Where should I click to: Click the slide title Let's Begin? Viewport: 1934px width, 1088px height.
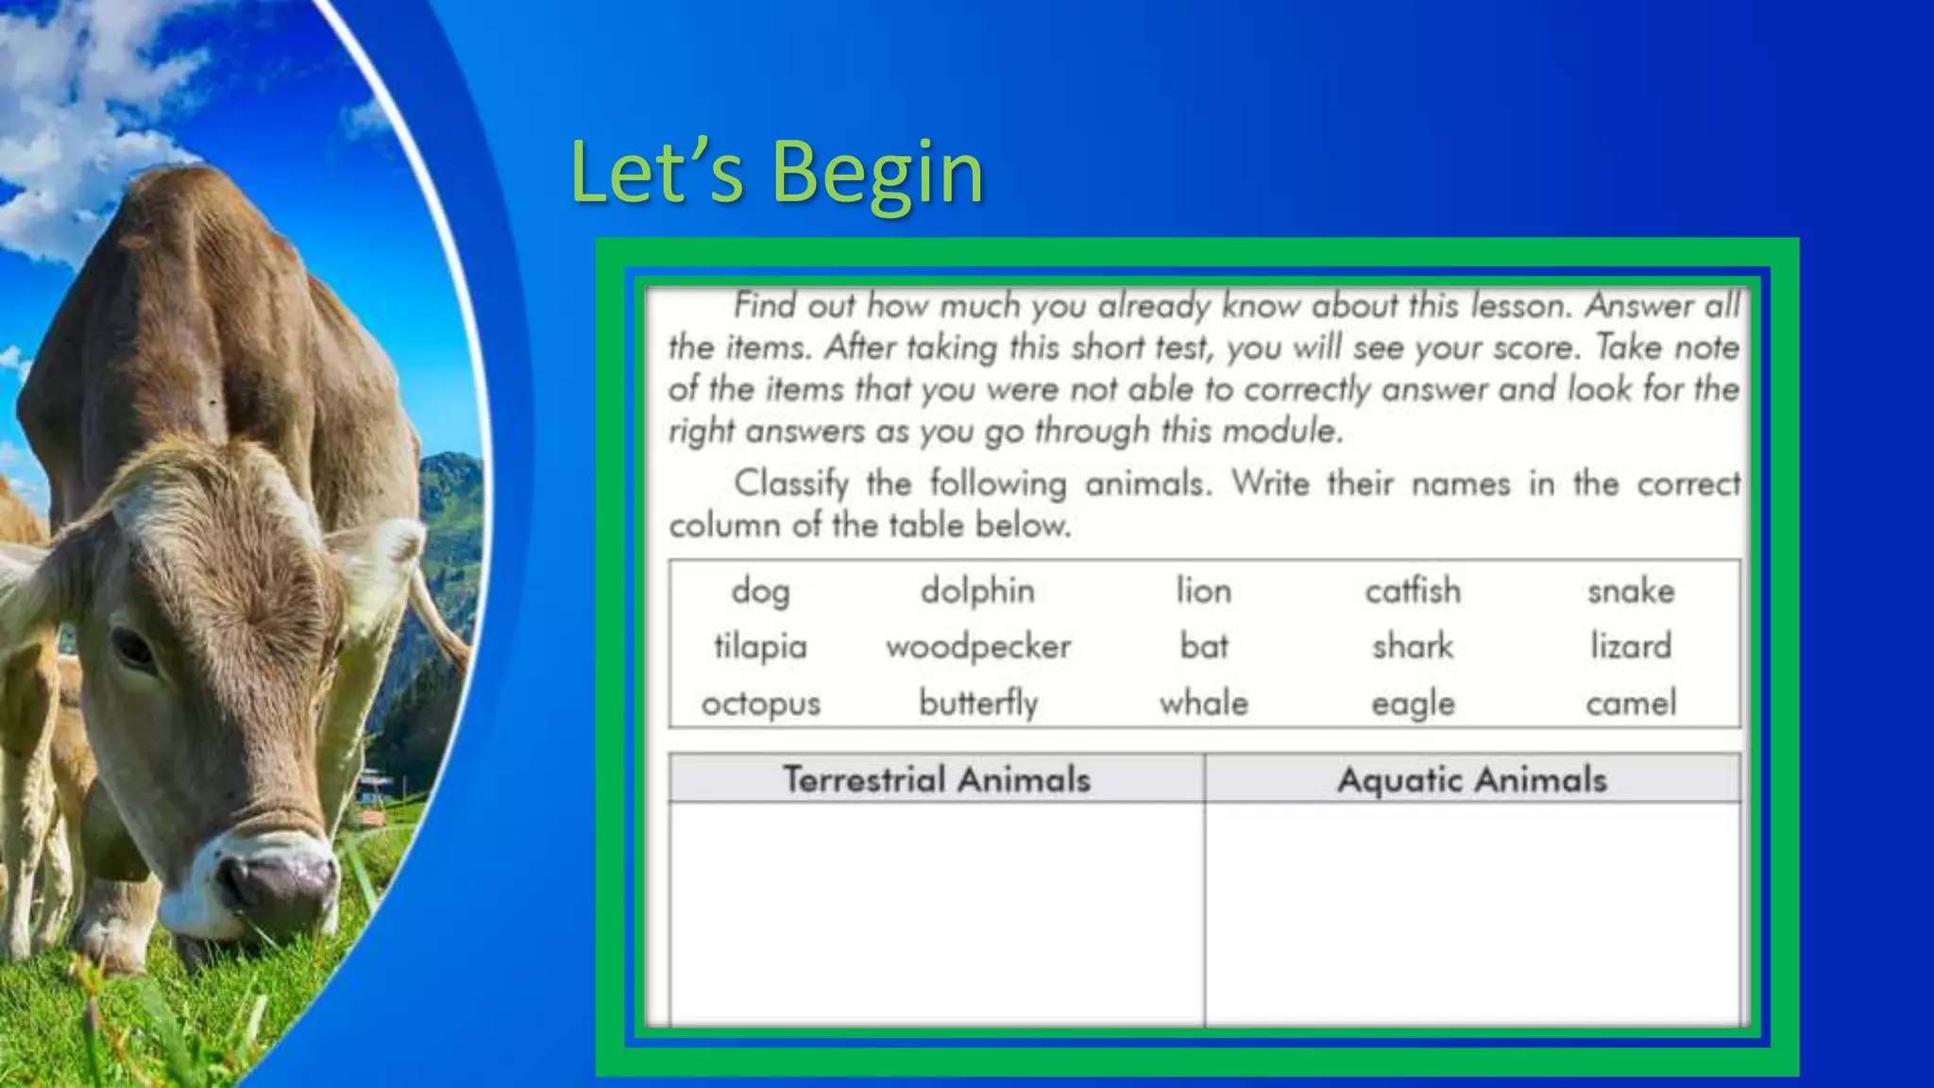(x=776, y=172)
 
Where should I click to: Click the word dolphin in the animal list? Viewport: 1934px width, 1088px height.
(x=977, y=591)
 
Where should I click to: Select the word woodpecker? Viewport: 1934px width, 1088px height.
(x=978, y=647)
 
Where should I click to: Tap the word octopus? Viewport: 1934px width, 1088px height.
(x=760, y=705)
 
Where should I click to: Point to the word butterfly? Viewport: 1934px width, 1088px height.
(x=978, y=704)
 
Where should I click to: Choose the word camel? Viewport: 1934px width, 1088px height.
(x=1631, y=704)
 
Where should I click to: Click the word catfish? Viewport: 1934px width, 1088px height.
(x=1413, y=591)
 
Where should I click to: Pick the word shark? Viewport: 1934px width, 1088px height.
(x=1413, y=647)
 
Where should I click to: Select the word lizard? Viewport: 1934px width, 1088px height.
(x=1631, y=647)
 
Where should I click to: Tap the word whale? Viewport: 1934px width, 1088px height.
(x=1204, y=704)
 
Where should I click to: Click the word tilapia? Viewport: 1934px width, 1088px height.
(x=760, y=647)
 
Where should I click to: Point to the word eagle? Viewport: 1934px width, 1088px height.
(x=1413, y=705)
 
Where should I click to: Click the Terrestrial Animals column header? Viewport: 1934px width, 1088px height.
(x=937, y=780)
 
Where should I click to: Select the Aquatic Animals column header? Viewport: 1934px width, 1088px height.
(x=1472, y=780)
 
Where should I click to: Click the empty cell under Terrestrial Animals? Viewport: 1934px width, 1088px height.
(x=937, y=911)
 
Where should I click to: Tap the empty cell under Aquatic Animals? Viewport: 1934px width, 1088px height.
(x=1472, y=911)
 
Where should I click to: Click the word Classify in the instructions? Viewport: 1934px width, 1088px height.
(x=791, y=484)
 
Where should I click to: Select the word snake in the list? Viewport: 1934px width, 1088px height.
(x=1631, y=592)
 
